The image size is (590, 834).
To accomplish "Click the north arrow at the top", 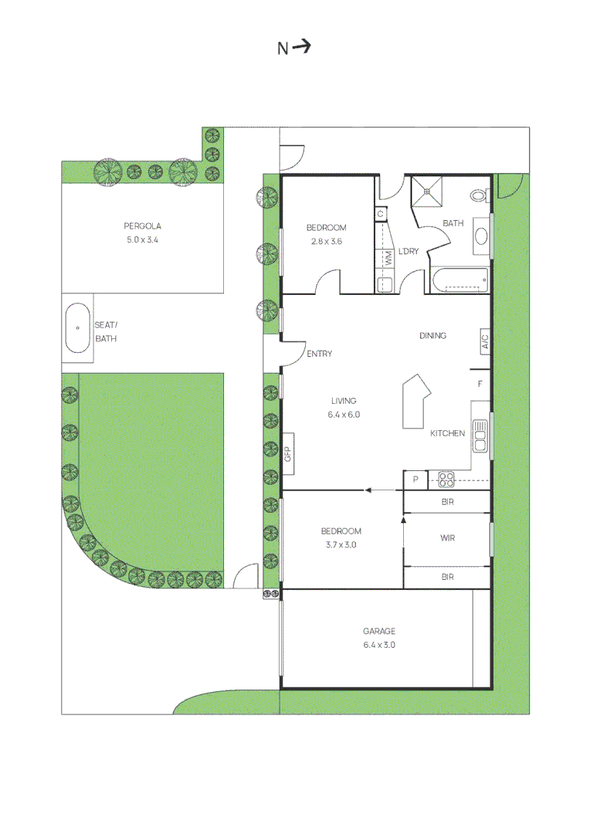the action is [x=302, y=47].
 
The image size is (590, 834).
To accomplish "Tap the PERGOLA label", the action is [x=142, y=226].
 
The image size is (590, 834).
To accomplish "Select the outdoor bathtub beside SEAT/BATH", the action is [x=78, y=328].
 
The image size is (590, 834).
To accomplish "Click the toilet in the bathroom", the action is [x=479, y=195].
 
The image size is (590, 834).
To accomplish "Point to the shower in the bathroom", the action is [x=427, y=192].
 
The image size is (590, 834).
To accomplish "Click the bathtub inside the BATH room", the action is [x=459, y=280].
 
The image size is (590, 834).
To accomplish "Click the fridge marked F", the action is [x=480, y=384].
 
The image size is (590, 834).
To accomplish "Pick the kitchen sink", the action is [x=480, y=436].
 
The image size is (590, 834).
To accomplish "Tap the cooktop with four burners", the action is [x=446, y=480].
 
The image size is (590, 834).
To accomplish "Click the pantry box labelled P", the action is [x=415, y=480].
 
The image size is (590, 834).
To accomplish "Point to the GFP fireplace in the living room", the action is [x=287, y=454].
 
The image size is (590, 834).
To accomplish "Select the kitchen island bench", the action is [x=416, y=402].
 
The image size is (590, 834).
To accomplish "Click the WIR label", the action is [x=447, y=538].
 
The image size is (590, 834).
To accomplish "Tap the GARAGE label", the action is [x=379, y=632].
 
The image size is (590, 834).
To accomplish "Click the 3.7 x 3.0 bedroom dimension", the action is [x=341, y=544].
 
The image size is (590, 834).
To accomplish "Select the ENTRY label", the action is [x=319, y=354].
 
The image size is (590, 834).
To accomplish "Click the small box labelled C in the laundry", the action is [x=381, y=214].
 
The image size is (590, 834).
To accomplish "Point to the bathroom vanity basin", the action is [x=481, y=236].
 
